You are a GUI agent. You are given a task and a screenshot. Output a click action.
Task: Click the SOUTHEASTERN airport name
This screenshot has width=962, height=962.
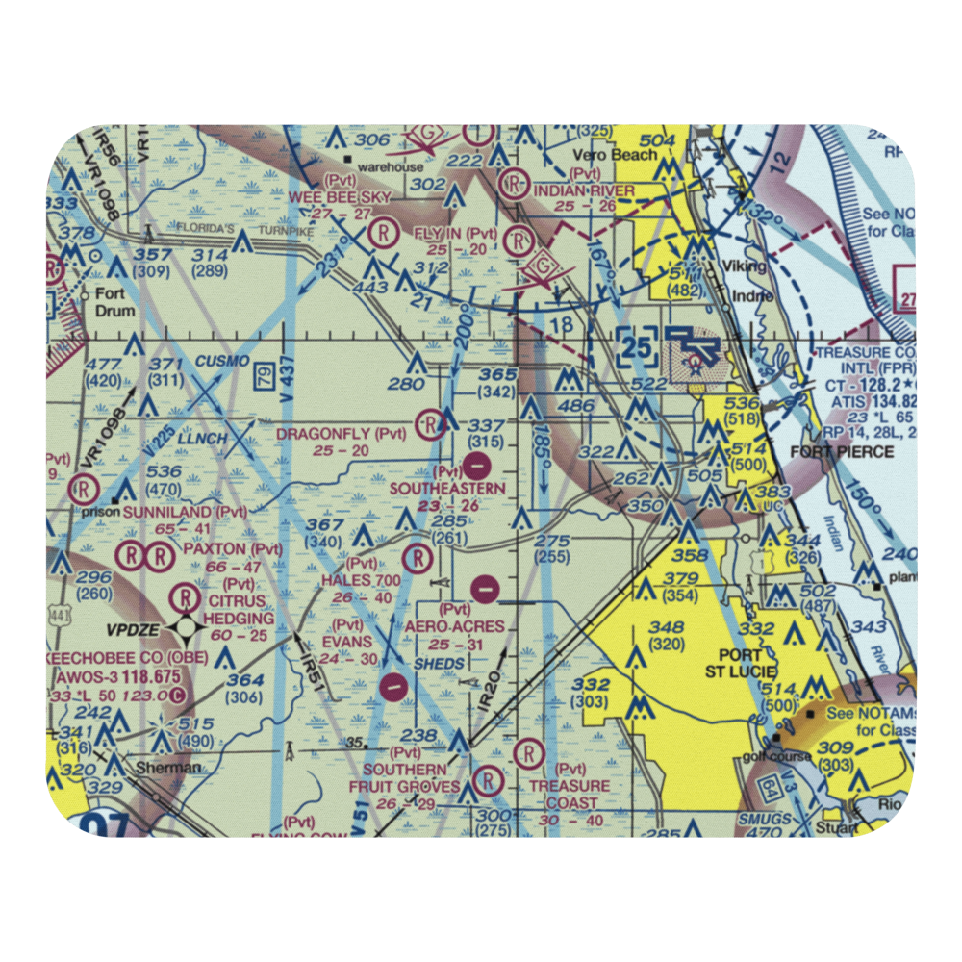click(x=447, y=489)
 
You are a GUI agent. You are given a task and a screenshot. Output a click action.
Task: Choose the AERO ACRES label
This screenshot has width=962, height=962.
click(x=453, y=626)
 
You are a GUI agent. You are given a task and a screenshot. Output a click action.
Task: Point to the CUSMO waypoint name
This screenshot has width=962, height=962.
click(x=223, y=361)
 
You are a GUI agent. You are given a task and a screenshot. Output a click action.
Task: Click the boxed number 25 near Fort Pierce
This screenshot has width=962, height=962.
click(x=638, y=347)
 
